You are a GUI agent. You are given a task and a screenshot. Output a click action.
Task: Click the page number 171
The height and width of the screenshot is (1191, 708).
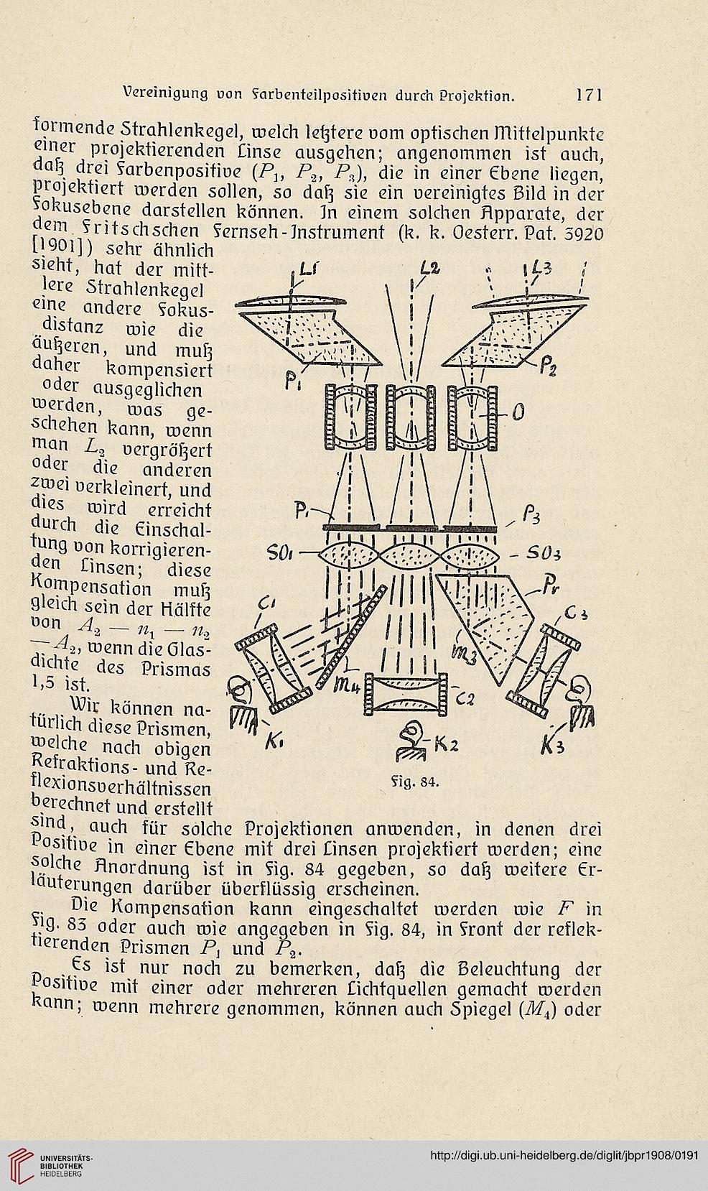click(589, 95)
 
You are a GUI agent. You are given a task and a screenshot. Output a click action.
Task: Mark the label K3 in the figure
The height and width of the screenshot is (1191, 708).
click(553, 746)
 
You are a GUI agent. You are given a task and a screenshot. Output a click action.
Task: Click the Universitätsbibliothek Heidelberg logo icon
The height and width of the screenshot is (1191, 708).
click(21, 1164)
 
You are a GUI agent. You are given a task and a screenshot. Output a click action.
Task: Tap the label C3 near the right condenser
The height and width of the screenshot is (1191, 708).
click(576, 615)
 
